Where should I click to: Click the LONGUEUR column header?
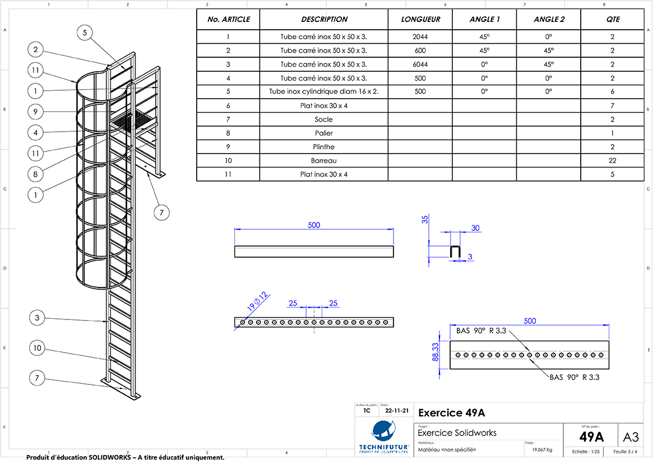420,19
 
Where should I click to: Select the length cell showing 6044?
420,64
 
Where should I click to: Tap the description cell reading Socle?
323,119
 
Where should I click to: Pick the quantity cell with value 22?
612,160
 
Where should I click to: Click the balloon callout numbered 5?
85,33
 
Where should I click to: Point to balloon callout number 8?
35,174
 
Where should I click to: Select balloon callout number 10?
37,348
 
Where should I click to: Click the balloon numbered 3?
37,318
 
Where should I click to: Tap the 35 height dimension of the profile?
424,219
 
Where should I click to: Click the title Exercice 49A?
451,414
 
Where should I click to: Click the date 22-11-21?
397,410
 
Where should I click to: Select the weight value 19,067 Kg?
541,449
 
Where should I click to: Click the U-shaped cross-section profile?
455,252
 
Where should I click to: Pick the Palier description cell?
323,133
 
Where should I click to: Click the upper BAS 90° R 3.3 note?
481,331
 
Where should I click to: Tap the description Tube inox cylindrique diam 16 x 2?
323,92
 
